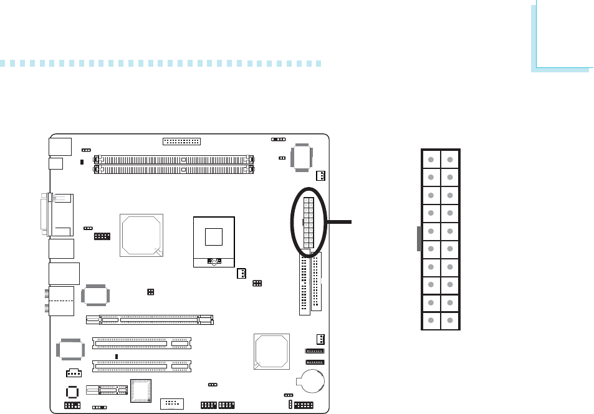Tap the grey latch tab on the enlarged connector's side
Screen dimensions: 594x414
[418, 238]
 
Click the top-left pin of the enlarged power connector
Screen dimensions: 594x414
[431, 159]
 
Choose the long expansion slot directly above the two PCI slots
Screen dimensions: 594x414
[150, 319]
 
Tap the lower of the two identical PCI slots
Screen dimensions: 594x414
[142, 365]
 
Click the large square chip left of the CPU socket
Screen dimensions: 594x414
[141, 235]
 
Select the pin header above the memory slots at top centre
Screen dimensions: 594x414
[181, 141]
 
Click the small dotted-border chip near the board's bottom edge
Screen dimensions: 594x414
[141, 391]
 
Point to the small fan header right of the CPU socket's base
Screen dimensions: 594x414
[241, 274]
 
